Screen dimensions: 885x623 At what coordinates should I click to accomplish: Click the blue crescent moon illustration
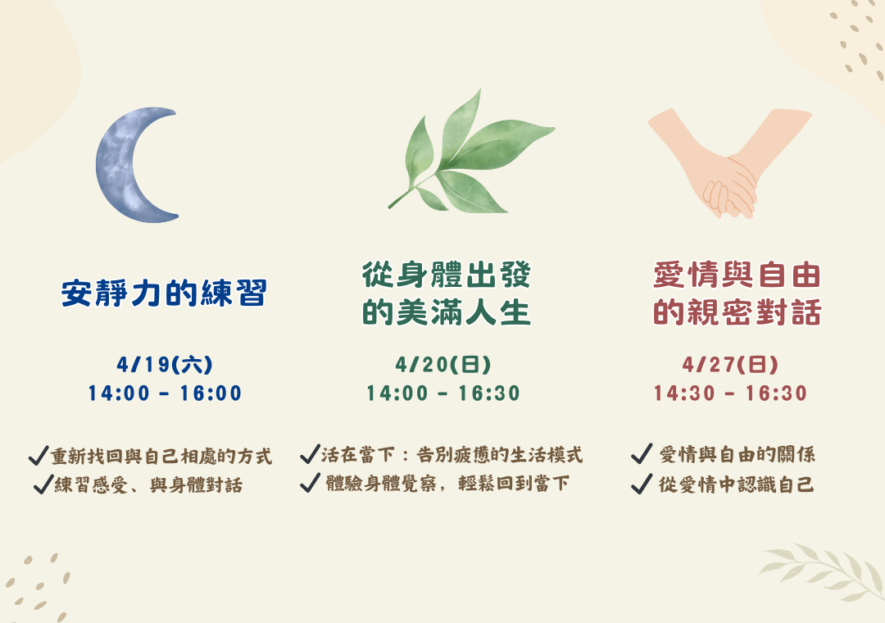pyautogui.click(x=116, y=165)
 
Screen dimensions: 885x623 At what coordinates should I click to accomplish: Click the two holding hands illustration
pyautogui.click(x=729, y=164)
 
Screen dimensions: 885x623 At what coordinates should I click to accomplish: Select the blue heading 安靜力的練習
pyautogui.click(x=164, y=293)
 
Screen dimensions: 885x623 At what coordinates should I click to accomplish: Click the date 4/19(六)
pyautogui.click(x=165, y=364)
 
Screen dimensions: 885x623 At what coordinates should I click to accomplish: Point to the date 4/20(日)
pyautogui.click(x=443, y=364)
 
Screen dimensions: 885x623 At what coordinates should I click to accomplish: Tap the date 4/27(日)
pyautogui.click(x=730, y=364)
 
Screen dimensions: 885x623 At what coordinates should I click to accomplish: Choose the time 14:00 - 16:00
pyautogui.click(x=165, y=393)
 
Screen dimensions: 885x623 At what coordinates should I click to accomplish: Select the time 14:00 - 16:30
pyautogui.click(x=443, y=393)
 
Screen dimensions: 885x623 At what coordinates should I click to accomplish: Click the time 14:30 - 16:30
pyautogui.click(x=730, y=393)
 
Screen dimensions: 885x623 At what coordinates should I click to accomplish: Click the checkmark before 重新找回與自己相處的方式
pyautogui.click(x=39, y=455)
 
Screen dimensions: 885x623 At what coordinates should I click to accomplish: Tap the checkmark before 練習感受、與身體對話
pyautogui.click(x=43, y=484)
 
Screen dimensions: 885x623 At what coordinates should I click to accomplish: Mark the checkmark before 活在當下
pyautogui.click(x=310, y=454)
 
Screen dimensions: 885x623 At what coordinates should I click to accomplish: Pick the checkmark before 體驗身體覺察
pyautogui.click(x=310, y=483)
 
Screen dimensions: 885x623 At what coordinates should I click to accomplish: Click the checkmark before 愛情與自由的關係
pyautogui.click(x=642, y=453)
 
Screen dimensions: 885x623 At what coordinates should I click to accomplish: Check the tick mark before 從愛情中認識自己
pyautogui.click(x=642, y=484)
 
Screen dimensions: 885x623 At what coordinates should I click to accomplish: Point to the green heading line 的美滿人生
pyautogui.click(x=447, y=312)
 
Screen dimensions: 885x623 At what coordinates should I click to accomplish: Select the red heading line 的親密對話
pyautogui.click(x=737, y=312)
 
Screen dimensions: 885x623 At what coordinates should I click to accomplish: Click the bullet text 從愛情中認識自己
pyautogui.click(x=736, y=484)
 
